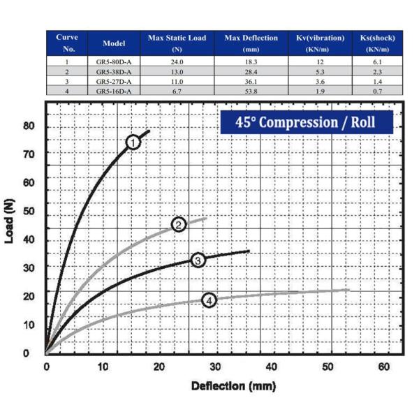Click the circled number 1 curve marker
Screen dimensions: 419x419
133,142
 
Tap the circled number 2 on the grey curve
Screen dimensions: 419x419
179,224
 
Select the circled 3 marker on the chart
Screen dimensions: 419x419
198,260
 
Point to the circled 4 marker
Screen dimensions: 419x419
209,300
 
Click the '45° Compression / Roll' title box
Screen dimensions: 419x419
307,122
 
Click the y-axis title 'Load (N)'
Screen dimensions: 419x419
10,219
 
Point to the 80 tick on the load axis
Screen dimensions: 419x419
28,126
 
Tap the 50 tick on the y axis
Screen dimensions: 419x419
28,211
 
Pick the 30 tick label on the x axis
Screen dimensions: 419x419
214,367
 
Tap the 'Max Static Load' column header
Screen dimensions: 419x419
177,43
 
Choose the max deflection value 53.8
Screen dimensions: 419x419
251,91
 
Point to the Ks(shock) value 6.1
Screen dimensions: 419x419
377,62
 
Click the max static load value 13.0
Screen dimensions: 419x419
177,72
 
